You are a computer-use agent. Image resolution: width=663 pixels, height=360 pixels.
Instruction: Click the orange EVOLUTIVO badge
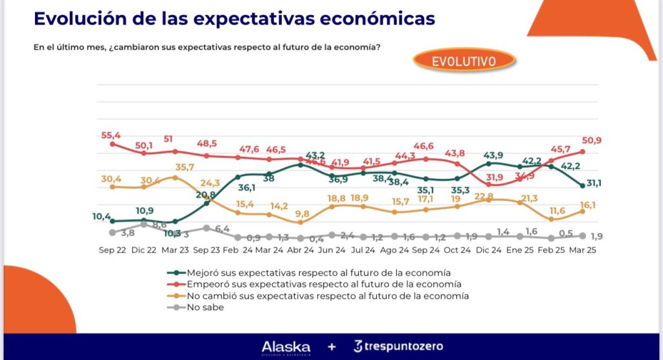[x=464, y=62]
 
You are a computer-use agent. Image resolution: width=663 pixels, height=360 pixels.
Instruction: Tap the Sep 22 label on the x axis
[x=113, y=250]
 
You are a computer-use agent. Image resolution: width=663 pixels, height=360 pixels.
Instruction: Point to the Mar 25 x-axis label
[x=582, y=250]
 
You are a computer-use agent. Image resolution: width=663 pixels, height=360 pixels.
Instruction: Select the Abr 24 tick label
[x=300, y=250]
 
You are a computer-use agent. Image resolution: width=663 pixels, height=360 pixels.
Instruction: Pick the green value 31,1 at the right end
[x=594, y=184]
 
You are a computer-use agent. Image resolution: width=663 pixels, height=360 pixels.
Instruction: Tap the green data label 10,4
[x=102, y=216]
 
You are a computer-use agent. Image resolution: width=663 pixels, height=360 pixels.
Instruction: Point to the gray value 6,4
[x=223, y=229]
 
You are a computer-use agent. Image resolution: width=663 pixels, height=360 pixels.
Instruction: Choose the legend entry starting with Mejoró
[x=318, y=272]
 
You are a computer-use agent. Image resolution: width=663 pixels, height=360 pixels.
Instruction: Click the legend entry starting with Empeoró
[x=323, y=284]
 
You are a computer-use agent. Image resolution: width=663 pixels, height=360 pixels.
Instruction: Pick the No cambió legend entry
[x=326, y=296]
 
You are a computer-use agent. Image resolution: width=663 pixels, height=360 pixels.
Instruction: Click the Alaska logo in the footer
[x=286, y=347]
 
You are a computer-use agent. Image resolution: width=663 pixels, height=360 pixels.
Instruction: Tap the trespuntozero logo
[x=398, y=346]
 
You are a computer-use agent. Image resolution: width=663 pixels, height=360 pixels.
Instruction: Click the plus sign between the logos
[x=331, y=347]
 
